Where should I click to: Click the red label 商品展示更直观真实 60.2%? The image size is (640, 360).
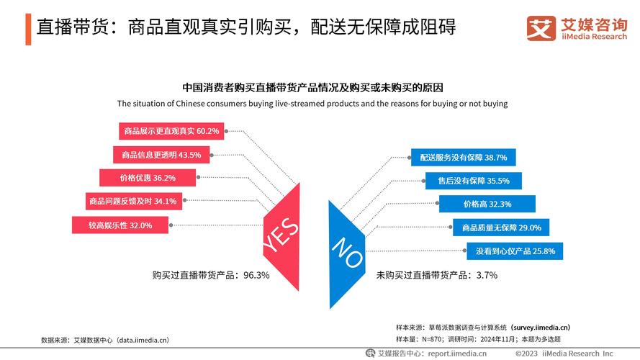click(171, 131)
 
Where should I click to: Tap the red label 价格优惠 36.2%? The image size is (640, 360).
click(148, 177)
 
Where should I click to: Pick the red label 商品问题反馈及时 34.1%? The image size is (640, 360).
click(132, 201)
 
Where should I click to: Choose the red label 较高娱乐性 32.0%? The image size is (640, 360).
click(120, 225)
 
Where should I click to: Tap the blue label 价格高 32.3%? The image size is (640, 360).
click(487, 204)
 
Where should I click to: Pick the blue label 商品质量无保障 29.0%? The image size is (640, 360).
click(501, 228)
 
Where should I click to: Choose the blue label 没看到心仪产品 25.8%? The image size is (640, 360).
click(514, 251)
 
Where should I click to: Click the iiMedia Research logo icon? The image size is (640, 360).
click(541, 28)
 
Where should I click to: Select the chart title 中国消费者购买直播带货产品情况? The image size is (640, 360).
click(312, 88)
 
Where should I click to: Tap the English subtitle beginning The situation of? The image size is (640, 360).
click(312, 104)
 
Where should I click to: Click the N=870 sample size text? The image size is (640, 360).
click(432, 338)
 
